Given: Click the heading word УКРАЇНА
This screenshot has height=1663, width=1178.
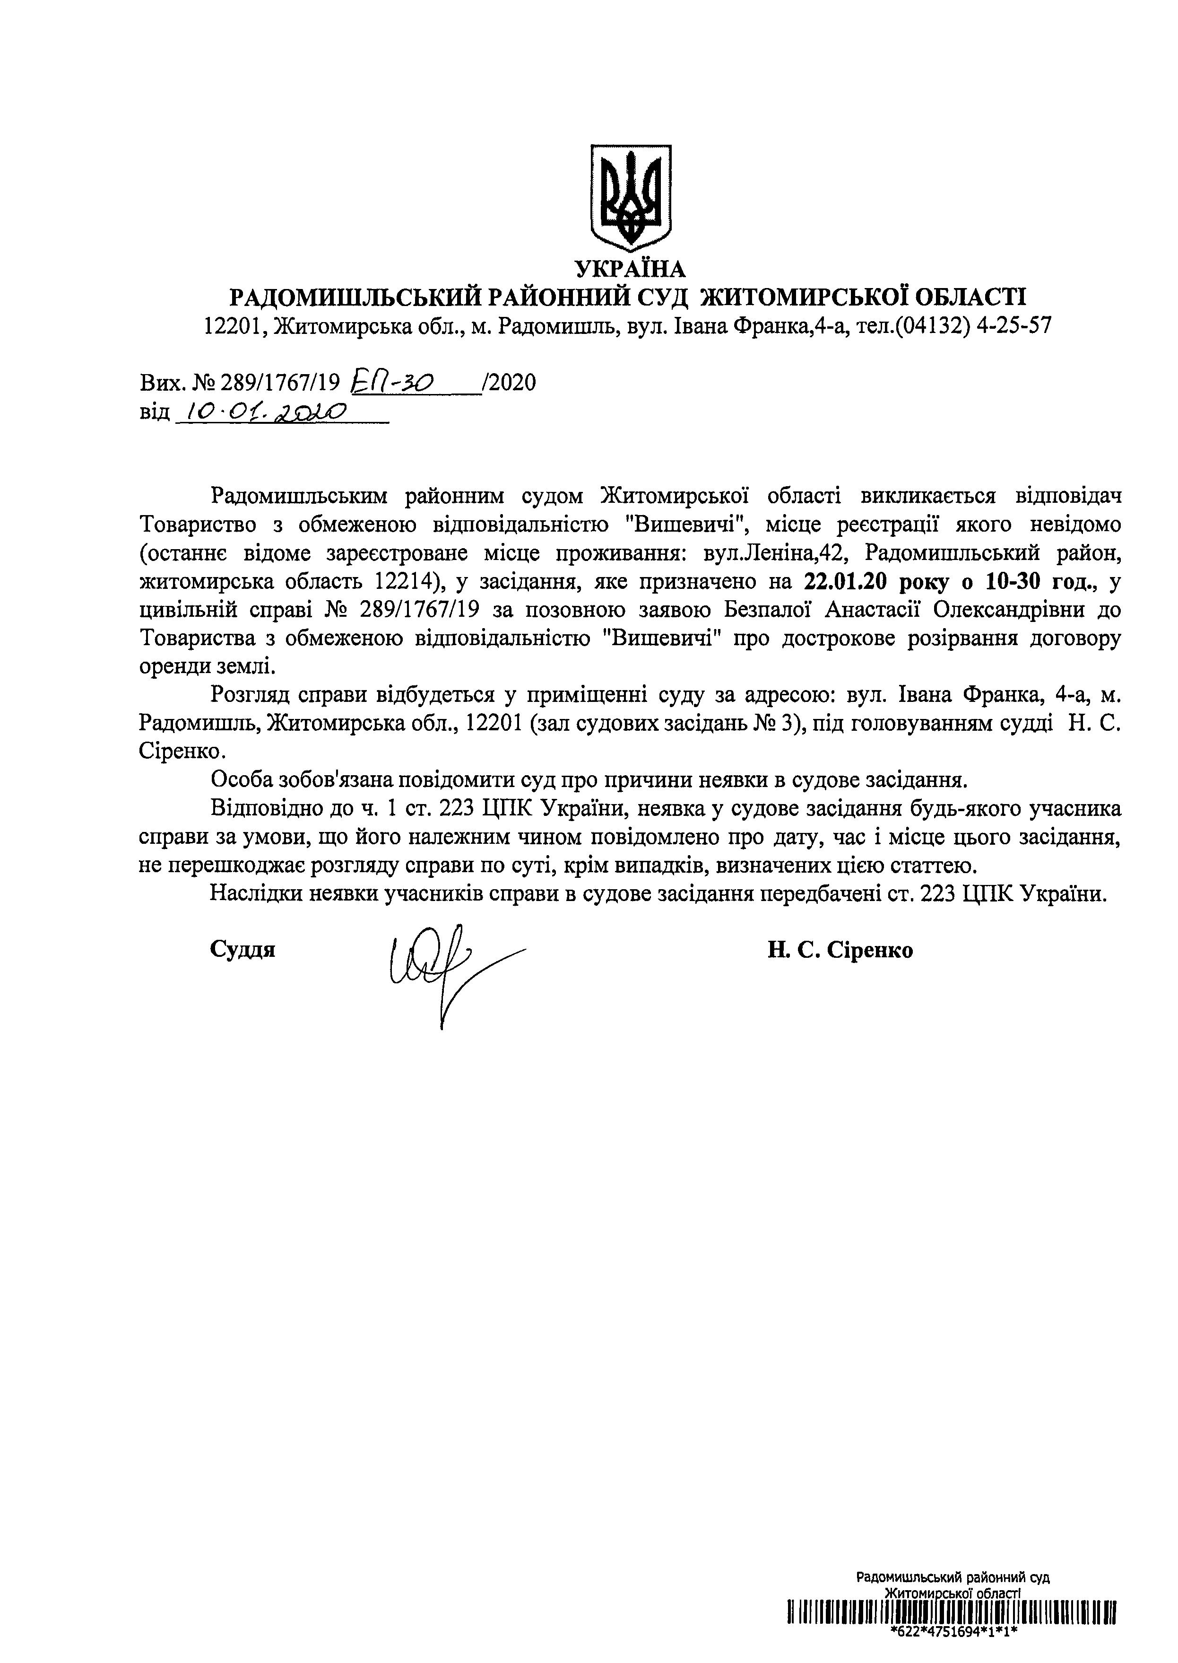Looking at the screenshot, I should (630, 269).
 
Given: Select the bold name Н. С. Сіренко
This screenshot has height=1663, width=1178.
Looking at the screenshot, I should (840, 950).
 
